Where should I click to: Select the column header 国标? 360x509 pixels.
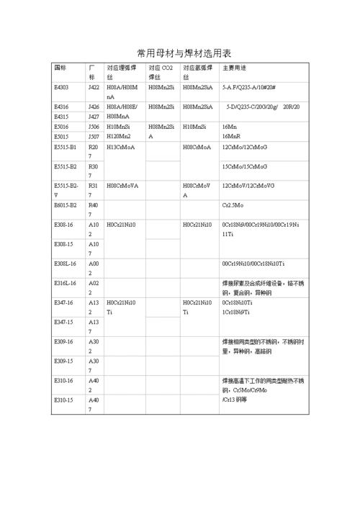tap(60, 68)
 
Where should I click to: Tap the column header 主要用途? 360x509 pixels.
tap(235, 68)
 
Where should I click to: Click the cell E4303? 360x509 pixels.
tap(62, 87)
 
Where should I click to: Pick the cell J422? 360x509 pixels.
tap(94, 87)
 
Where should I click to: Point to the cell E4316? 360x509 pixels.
tap(62, 107)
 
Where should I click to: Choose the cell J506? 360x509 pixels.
tap(94, 126)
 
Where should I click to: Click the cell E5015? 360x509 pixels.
tap(62, 135)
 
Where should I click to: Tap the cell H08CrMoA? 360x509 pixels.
tap(197, 147)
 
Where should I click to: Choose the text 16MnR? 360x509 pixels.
tap(231, 135)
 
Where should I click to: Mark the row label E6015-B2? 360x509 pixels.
tap(66, 205)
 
